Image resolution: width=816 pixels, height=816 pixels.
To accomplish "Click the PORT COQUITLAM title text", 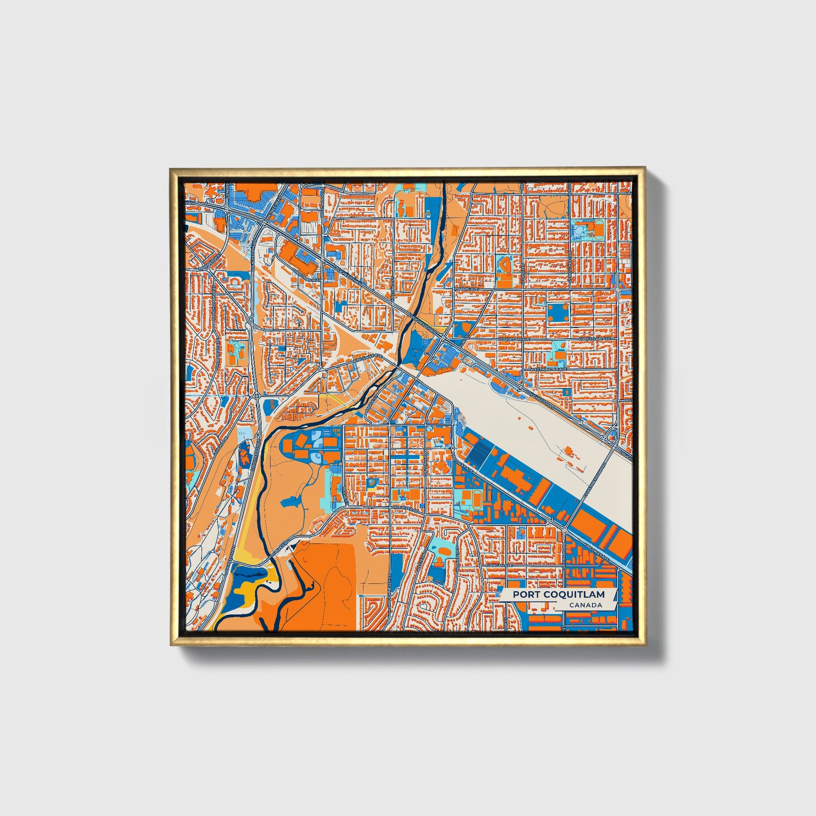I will tap(559, 594).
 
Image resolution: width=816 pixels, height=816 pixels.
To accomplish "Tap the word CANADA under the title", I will tap(585, 605).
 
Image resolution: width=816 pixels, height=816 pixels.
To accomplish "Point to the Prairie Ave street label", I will tap(466, 289).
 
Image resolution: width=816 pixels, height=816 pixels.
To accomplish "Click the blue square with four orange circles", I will tap(559, 313).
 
